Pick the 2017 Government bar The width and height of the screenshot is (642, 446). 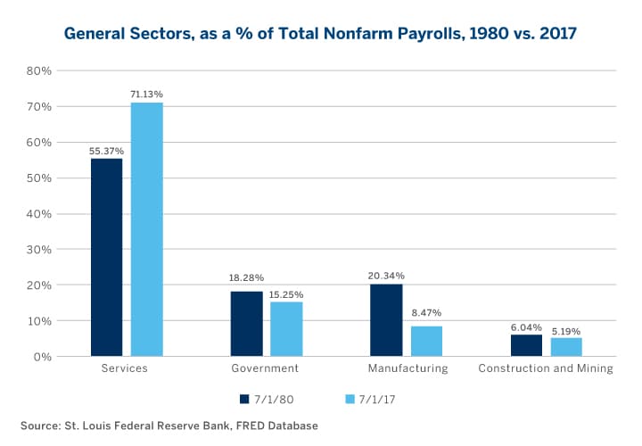(286, 329)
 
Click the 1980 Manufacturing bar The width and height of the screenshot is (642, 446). (386, 320)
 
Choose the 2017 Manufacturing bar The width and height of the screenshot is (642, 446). (426, 341)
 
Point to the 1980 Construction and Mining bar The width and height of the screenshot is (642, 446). (526, 345)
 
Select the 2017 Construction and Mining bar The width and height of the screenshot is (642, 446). (566, 347)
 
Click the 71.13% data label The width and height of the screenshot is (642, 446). (147, 94)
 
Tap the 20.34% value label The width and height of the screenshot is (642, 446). (386, 276)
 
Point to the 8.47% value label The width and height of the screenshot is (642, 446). (426, 313)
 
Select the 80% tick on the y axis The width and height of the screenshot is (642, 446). (42, 70)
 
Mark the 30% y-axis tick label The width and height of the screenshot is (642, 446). (42, 250)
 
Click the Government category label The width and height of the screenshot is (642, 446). (265, 368)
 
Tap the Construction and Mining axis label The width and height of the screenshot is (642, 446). (546, 368)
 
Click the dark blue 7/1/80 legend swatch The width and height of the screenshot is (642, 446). (244, 398)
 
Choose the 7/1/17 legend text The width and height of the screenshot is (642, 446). (374, 398)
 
